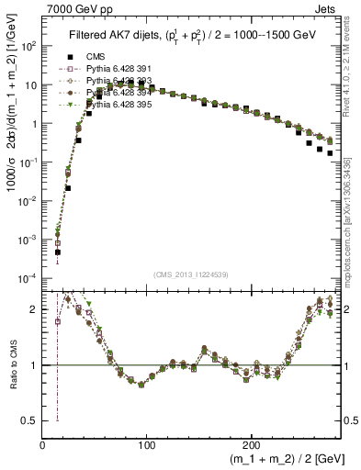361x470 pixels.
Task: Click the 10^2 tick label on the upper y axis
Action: [29, 46]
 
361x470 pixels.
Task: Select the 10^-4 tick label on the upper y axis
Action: [28, 277]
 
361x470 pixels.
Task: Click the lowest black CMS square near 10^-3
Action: [57, 252]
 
